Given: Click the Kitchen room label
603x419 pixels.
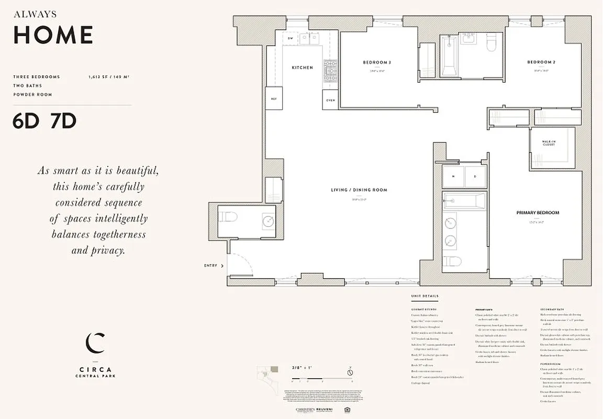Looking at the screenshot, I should click(x=303, y=68).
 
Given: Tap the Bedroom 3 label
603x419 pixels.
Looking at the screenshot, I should click(x=377, y=62).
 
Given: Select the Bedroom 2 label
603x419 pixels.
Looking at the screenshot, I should click(x=541, y=62).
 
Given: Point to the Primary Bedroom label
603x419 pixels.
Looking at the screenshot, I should click(x=538, y=213).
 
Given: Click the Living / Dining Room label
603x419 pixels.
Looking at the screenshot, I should click(x=359, y=190).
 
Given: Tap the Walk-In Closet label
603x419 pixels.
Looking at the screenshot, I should click(x=549, y=143).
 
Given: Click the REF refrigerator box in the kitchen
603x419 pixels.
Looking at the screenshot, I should click(x=274, y=99).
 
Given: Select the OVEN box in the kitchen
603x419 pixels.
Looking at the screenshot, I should click(x=330, y=100).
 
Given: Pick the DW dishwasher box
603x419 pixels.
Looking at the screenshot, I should click(x=291, y=39).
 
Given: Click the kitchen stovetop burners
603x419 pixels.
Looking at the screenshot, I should click(x=330, y=71).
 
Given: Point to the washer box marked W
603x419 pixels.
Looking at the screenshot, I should click(x=453, y=177).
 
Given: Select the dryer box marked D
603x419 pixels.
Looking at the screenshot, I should click(x=475, y=177).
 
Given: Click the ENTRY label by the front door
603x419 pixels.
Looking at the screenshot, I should click(x=210, y=266).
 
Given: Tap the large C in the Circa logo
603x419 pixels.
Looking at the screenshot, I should click(x=95, y=343).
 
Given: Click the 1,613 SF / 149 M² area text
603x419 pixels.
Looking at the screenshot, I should click(x=109, y=77).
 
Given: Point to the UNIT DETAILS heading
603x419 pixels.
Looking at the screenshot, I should click(x=425, y=296).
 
